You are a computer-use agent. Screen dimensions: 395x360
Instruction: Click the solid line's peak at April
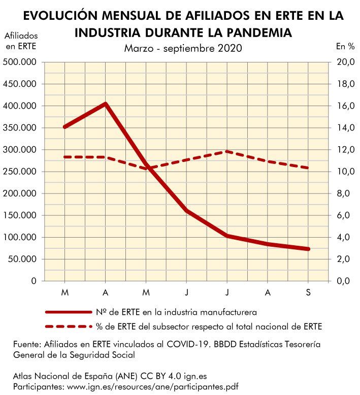tap(105, 104)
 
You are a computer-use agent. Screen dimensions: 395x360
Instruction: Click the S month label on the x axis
tap(309, 292)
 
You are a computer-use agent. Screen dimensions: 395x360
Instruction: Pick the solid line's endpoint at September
tap(309, 249)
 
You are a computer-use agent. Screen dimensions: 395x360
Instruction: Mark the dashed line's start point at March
tap(64, 157)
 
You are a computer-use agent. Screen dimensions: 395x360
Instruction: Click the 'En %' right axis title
tap(345, 47)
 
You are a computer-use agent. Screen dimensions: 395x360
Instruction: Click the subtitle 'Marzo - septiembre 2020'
tap(183, 48)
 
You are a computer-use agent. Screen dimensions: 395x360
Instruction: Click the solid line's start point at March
tap(64, 127)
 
